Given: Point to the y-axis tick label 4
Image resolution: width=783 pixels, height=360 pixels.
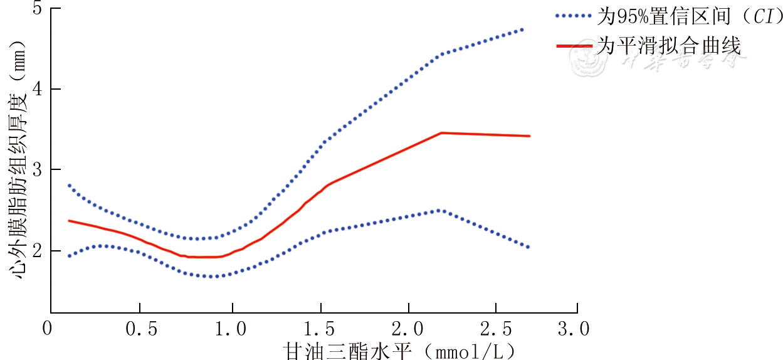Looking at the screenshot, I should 37,90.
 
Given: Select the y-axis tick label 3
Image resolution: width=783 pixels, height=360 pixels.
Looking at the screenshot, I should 37,170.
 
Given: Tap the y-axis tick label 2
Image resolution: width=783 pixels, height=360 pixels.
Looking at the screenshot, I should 37,251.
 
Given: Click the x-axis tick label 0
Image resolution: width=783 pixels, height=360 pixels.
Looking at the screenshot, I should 47,329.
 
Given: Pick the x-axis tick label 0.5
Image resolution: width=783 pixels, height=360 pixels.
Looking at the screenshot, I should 139,329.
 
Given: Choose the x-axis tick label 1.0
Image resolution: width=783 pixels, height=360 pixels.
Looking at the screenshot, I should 232,329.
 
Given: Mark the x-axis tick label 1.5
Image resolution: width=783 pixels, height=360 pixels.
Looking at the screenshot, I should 320,329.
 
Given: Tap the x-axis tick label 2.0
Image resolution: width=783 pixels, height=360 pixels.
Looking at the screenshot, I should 408,329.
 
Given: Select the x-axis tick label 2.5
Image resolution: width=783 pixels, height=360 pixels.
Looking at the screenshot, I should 496,329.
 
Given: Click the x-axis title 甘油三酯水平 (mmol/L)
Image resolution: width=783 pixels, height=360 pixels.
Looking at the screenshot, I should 402,349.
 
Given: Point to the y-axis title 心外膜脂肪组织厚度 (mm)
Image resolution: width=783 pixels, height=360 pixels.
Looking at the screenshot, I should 18,160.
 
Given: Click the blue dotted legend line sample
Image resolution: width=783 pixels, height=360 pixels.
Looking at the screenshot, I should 573,16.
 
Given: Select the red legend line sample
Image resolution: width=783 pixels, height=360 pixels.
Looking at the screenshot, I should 573,46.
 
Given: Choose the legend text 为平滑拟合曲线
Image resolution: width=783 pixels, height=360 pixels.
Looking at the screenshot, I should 668,46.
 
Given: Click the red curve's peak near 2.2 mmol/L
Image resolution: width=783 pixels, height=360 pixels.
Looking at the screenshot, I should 441,133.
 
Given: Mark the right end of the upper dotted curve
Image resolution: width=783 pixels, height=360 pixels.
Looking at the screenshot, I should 522,29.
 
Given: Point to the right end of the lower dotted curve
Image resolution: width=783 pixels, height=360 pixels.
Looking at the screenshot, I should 528,247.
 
